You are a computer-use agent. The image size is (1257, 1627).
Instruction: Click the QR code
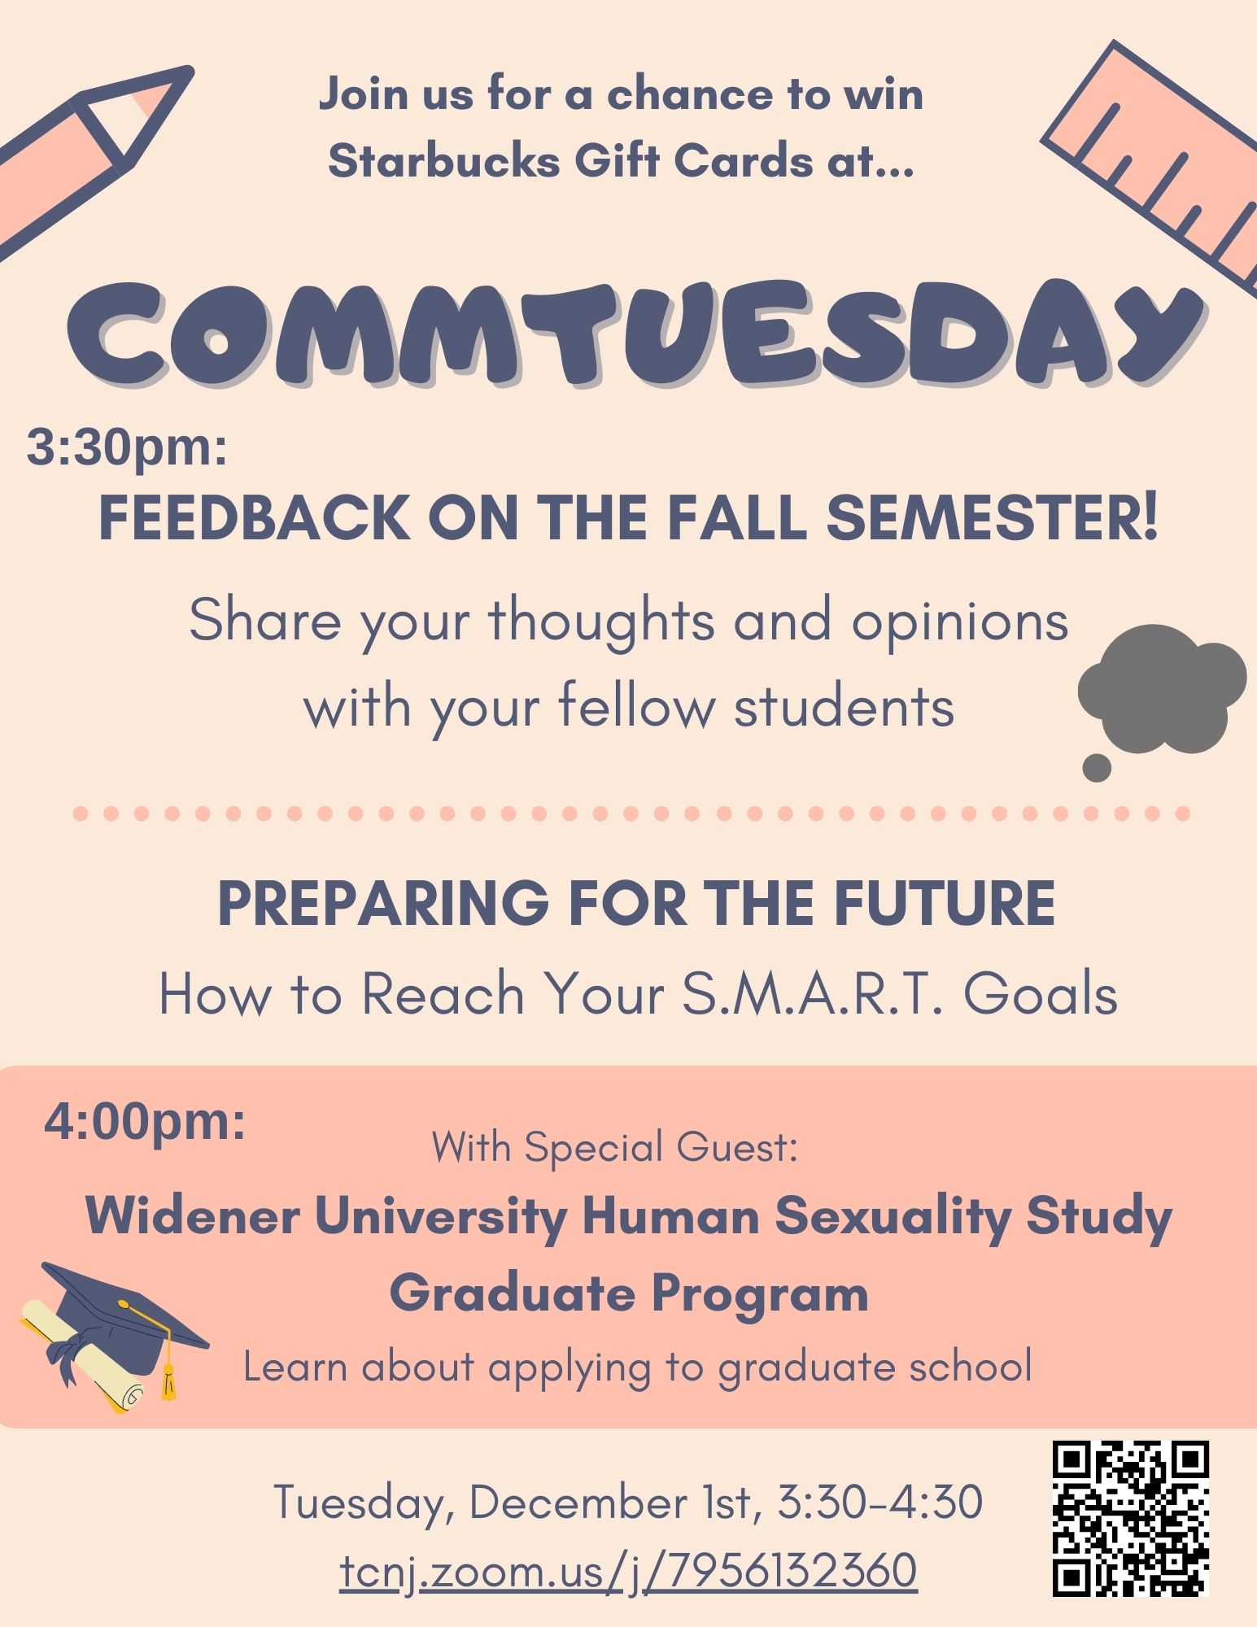(x=1131, y=1518)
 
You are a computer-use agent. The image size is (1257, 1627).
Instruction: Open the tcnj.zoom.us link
(x=628, y=1571)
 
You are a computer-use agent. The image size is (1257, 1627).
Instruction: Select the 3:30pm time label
(x=127, y=447)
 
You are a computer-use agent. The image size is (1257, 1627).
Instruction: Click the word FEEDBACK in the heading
(x=255, y=517)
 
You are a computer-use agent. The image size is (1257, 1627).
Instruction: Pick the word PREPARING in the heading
(x=383, y=903)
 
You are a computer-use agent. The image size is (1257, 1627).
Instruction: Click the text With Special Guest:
(x=614, y=1147)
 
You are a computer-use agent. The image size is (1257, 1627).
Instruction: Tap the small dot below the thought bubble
(x=1097, y=767)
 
